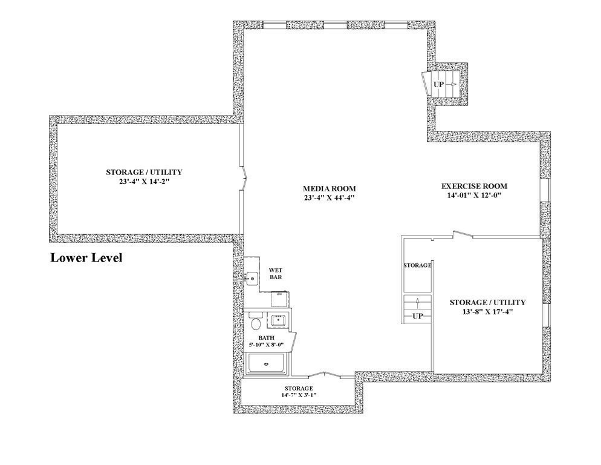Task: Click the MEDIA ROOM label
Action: (x=330, y=188)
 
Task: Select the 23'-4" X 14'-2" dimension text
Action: (x=144, y=181)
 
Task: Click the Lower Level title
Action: (x=86, y=259)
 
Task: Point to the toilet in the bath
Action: (x=255, y=320)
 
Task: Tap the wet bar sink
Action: (x=252, y=279)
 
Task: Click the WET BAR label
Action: (x=275, y=274)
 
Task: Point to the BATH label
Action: (x=267, y=338)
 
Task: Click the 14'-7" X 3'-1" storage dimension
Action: (x=299, y=395)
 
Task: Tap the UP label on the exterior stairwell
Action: (x=438, y=84)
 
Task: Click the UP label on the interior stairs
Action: (x=417, y=316)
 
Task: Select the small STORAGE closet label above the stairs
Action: (x=417, y=265)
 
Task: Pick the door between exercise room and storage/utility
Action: (x=463, y=234)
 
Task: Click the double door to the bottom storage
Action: (x=325, y=375)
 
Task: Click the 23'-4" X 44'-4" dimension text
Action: (x=330, y=197)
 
